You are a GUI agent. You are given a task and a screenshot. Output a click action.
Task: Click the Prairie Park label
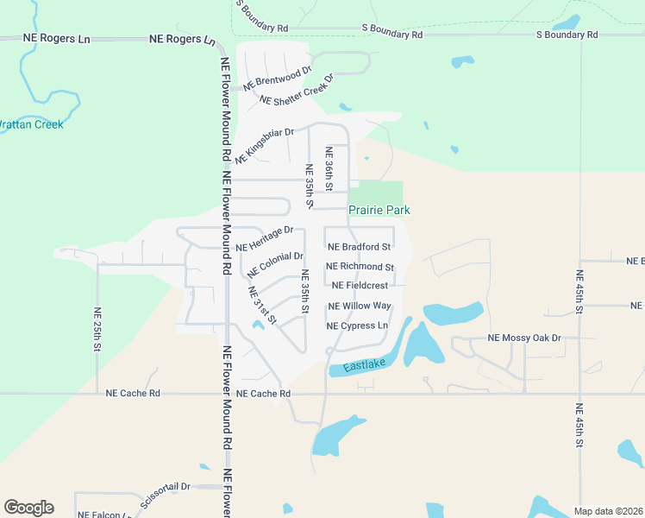tap(379, 210)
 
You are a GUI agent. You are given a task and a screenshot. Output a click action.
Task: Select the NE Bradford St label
tap(360, 247)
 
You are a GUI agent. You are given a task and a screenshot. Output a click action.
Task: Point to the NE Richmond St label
tap(360, 267)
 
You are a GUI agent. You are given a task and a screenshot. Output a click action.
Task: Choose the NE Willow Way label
tap(360, 306)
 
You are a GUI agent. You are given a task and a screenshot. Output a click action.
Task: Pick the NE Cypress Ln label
tap(357, 325)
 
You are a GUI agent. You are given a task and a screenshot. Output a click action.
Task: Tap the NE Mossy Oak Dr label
tap(524, 338)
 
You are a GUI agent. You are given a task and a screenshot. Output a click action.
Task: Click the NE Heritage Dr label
tap(270, 239)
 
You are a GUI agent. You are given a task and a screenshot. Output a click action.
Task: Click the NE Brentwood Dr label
tap(277, 79)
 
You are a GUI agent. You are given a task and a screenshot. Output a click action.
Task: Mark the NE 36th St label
tap(329, 168)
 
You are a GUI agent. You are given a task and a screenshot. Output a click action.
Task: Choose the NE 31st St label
tap(261, 305)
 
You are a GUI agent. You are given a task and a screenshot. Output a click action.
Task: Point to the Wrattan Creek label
tap(31, 124)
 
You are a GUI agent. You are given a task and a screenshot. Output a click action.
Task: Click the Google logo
tap(28, 508)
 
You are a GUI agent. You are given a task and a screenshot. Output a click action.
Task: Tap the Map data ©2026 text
tap(608, 511)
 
